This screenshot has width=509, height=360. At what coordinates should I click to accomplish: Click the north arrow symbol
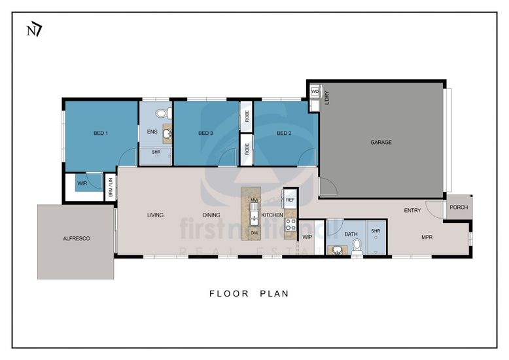(34, 31)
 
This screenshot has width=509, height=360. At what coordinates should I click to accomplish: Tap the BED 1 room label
(101, 134)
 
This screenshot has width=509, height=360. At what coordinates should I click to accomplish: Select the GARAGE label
(381, 142)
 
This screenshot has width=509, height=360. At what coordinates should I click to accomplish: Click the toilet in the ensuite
(164, 114)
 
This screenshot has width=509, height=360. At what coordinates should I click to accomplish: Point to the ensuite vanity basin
(167, 134)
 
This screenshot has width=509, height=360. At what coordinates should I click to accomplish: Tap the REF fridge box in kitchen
(290, 200)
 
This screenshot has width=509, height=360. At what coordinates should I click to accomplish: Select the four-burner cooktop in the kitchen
(290, 225)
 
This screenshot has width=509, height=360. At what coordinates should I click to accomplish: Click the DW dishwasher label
(254, 232)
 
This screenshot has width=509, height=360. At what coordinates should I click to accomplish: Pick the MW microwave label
(254, 200)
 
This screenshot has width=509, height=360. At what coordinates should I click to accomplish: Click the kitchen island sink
(254, 214)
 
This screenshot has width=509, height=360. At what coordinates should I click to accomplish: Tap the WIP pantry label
(307, 237)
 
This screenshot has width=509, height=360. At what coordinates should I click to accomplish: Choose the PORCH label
(459, 207)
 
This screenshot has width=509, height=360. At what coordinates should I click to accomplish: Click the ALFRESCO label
(77, 238)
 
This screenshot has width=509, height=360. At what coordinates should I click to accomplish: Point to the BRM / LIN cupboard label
(111, 187)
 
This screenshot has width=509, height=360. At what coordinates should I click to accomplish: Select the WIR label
(82, 183)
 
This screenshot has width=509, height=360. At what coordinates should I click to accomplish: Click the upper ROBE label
(247, 116)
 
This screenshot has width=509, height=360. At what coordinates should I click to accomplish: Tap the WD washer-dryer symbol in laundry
(315, 92)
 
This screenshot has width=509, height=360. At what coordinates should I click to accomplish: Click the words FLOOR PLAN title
(249, 294)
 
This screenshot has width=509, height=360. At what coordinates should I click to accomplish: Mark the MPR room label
(427, 238)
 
